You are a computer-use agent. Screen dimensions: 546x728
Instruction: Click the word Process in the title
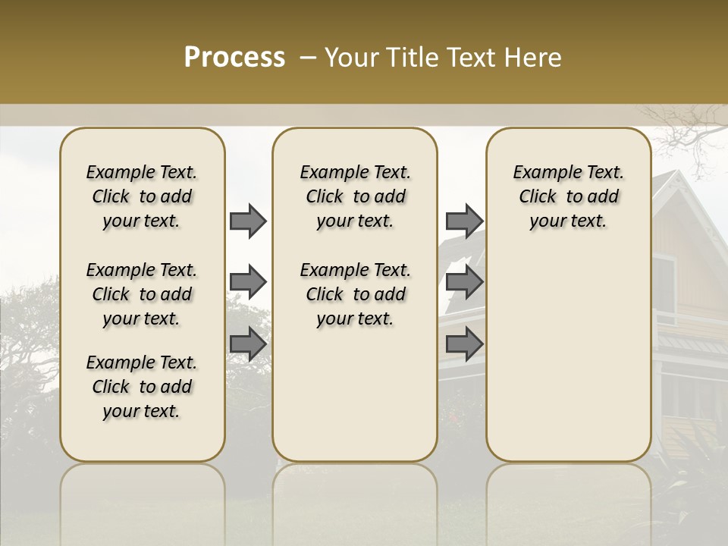tap(234, 58)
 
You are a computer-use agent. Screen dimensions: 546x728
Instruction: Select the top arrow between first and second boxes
tap(248, 221)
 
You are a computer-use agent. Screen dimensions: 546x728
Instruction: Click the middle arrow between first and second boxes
tap(248, 283)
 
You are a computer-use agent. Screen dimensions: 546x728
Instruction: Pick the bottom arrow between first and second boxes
tap(248, 344)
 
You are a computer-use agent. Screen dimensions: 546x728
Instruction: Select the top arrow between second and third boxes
tap(464, 221)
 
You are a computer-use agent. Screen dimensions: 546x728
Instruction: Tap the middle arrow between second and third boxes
tap(464, 283)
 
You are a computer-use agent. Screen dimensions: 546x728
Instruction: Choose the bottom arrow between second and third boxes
tap(464, 344)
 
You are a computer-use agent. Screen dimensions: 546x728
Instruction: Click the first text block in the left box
tap(142, 196)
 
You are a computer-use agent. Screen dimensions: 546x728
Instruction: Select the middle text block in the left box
tap(142, 294)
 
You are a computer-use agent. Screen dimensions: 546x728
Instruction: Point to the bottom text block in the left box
tap(142, 387)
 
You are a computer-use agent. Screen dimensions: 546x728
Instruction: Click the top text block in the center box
tap(355, 196)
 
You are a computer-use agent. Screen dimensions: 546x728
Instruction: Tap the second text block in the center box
tap(355, 294)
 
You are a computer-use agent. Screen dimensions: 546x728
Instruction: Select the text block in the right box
tap(568, 196)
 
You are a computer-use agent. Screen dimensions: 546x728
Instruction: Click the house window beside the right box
tap(664, 289)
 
